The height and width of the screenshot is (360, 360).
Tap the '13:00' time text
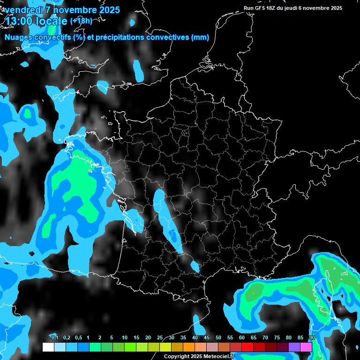[18, 21]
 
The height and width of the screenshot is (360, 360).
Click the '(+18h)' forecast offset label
[81, 21]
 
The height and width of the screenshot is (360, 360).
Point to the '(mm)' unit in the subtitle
[200, 37]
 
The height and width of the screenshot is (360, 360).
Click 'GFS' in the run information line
[261, 8]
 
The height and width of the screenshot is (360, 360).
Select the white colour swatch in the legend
[48, 347]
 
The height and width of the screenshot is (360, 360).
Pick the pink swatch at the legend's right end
[306, 347]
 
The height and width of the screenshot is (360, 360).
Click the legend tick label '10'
[124, 338]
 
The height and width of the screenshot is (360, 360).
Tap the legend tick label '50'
[218, 338]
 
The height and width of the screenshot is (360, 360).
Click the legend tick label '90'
[312, 338]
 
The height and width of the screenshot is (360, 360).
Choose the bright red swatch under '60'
[247, 347]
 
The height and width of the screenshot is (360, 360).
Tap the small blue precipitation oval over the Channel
[139, 69]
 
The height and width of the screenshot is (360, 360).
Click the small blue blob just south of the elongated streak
[195, 267]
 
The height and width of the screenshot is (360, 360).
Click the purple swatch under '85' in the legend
[294, 347]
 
